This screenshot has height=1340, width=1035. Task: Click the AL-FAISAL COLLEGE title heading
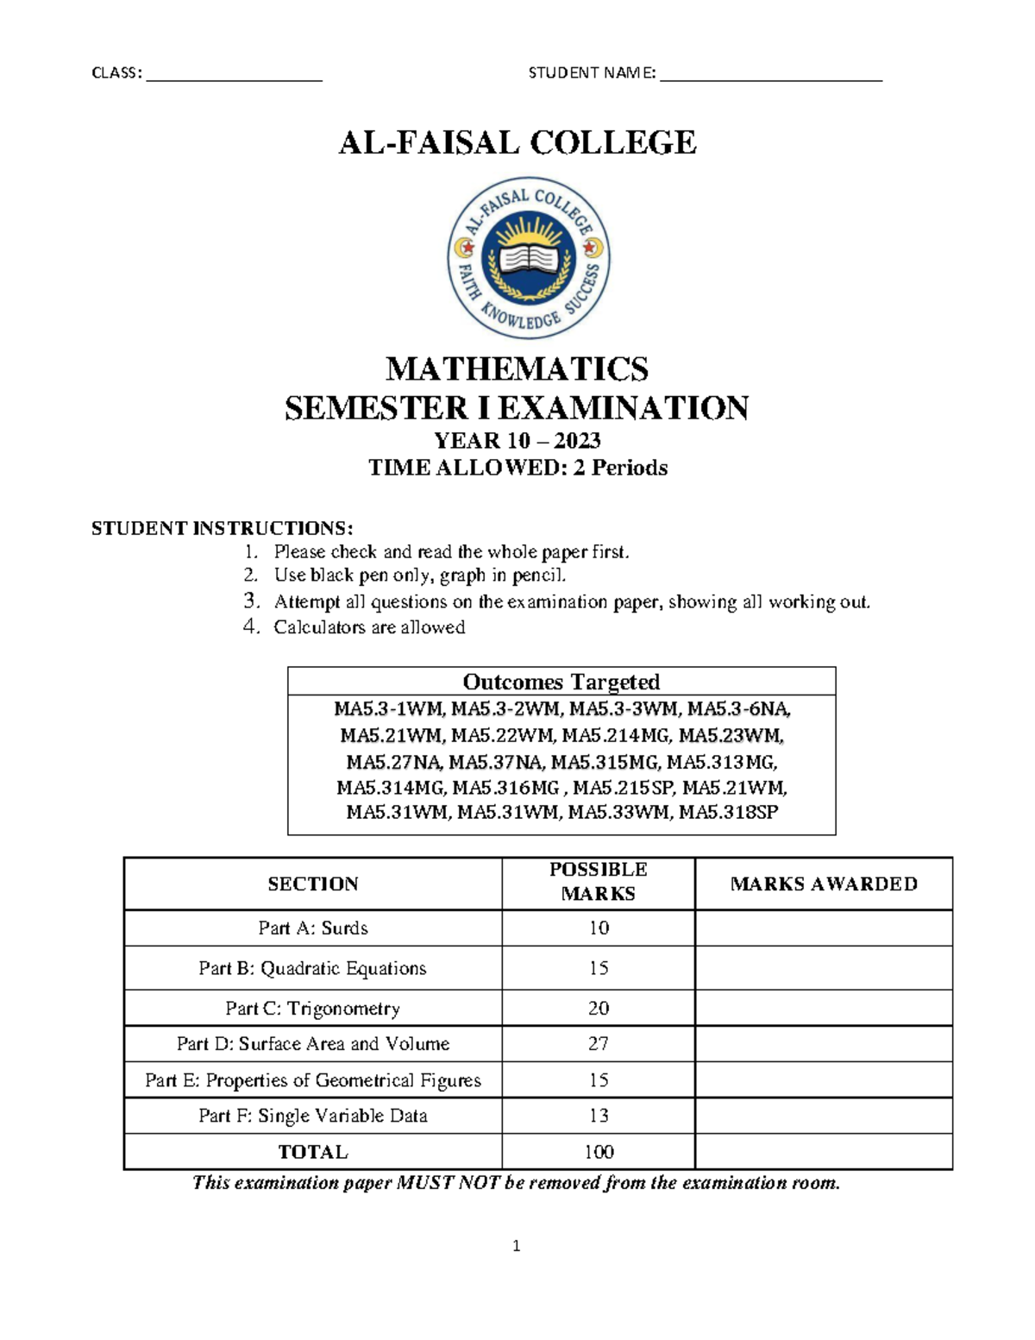[517, 142]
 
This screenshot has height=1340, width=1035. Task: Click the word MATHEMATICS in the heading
[517, 369]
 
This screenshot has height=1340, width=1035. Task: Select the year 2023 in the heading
[577, 441]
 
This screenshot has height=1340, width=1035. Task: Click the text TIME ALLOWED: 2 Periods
[517, 468]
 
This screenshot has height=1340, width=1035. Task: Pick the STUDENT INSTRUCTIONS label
[222, 528]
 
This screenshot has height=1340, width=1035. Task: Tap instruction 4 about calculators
[369, 627]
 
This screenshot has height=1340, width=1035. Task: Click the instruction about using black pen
[419, 576]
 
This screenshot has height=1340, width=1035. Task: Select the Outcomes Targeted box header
[561, 682]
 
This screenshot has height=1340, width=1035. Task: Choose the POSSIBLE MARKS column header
[598, 882]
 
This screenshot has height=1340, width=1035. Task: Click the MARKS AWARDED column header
[823, 884]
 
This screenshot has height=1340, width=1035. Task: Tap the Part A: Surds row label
[313, 928]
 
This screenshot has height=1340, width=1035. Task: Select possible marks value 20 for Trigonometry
[598, 1008]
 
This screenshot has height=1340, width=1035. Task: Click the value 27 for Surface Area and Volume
[598, 1044]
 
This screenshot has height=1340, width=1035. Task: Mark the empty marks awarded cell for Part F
[823, 1116]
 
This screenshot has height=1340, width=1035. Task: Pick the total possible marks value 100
[598, 1152]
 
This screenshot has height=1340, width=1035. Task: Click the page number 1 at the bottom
[517, 1245]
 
